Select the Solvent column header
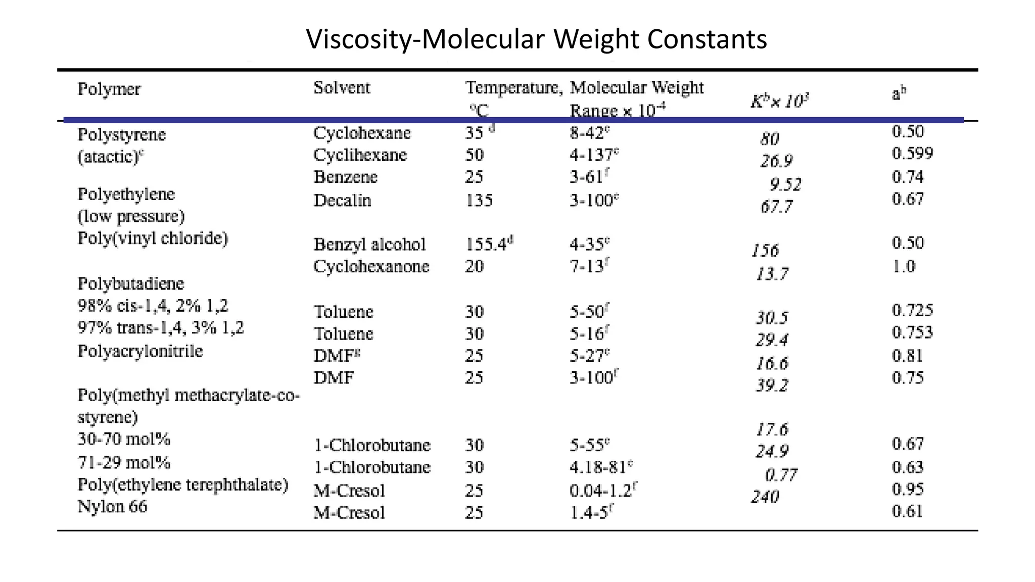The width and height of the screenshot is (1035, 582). coord(342,88)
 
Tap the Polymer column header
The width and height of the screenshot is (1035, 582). coord(109,89)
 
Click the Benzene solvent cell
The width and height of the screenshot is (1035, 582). coord(346,177)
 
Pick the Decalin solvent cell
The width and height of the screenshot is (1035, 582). coord(342,201)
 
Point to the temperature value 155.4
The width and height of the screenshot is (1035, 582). coord(486,245)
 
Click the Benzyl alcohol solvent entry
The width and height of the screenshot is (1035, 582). coord(370,245)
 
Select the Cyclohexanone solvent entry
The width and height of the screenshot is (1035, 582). coord(371,266)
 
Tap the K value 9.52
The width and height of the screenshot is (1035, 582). coord(785,184)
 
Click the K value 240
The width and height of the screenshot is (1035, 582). coord(765,497)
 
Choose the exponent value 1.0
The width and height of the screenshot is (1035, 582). coord(903,266)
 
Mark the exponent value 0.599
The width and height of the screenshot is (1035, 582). coord(912,154)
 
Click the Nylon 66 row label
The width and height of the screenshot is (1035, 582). coord(112,506)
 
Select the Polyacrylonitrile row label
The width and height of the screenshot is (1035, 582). coord(140,351)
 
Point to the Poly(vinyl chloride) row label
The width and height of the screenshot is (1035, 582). coord(153,238)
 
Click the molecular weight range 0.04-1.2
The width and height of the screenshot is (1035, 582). coord(601,491)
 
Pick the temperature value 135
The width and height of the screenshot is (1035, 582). coord(479,201)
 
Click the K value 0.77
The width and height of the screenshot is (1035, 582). coord(781,475)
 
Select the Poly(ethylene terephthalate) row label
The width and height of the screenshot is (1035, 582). coord(183,484)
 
